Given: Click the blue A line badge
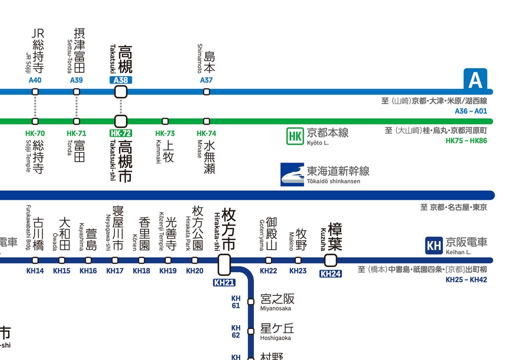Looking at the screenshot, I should click(x=475, y=80).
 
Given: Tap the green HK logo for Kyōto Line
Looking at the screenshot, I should click(x=295, y=136).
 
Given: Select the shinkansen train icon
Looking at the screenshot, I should click(x=292, y=175).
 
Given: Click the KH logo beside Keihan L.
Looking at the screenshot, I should click(x=434, y=245).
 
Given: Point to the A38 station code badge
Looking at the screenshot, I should click(x=121, y=80).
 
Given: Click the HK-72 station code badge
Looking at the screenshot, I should click(x=121, y=133).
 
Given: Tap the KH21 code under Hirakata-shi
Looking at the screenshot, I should click(x=224, y=282).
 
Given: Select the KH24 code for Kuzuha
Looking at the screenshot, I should click(x=331, y=273).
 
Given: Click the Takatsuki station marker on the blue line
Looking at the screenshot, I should click(x=121, y=92).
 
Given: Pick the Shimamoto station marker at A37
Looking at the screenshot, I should click(x=206, y=92).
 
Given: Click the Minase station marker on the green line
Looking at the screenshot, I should click(x=206, y=121).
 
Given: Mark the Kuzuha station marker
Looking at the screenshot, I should click(x=331, y=260).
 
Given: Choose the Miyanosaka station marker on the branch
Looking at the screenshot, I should click(x=251, y=301).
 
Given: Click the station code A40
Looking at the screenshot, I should click(x=35, y=80).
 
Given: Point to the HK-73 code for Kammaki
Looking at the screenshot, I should click(x=165, y=133).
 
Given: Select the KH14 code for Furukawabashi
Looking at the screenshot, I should click(x=35, y=271).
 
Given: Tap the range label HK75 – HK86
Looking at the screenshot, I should click(x=466, y=141).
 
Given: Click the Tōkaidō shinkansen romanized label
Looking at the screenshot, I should click(x=333, y=181).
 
